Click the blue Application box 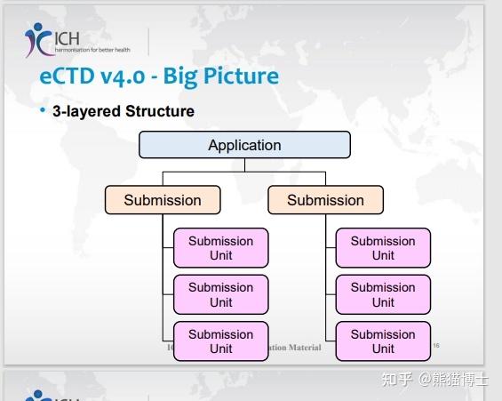click(244, 145)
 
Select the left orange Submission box click(163, 200)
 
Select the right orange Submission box click(325, 200)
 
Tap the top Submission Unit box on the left click(220, 248)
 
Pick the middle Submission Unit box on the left click(220, 294)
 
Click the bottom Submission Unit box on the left click(220, 341)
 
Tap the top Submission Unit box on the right click(383, 248)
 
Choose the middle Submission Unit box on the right click(383, 294)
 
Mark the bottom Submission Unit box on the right click(383, 341)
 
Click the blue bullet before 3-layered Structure click(42, 110)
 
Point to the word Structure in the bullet click(159, 111)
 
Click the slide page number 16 click(435, 347)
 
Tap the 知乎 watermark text click(396, 380)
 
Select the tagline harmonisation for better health click(93, 49)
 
